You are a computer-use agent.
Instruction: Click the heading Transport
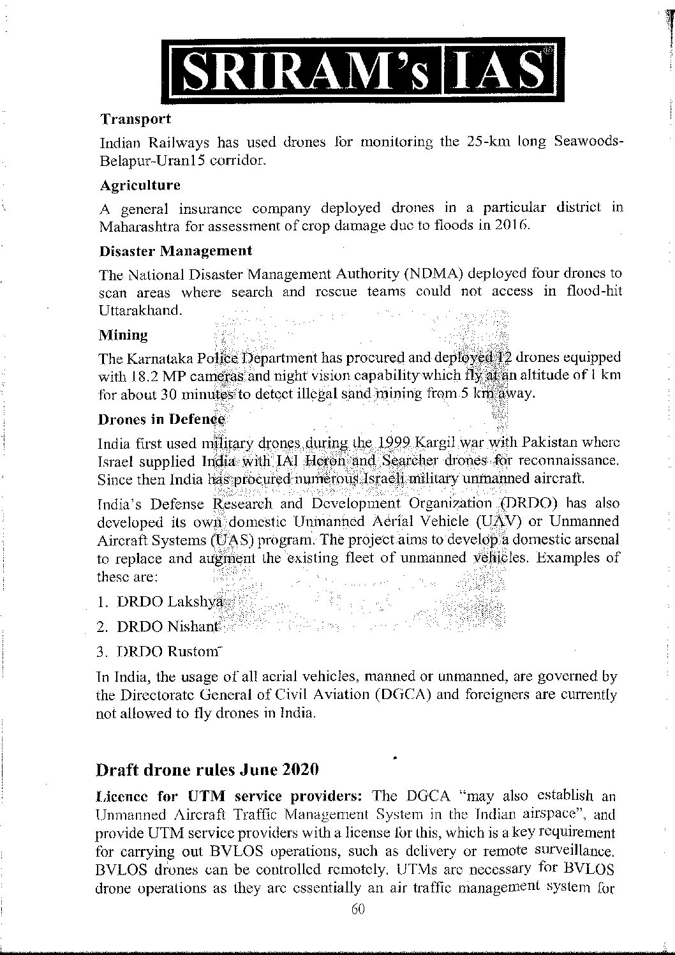coord(135,119)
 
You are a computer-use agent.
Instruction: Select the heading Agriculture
coord(140,185)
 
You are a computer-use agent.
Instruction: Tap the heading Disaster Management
coord(175,250)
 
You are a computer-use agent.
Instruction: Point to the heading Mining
coord(123,335)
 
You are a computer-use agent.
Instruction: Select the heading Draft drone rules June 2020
coord(207,769)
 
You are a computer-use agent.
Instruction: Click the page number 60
coord(357,910)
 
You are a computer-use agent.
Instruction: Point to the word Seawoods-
coord(588,141)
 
